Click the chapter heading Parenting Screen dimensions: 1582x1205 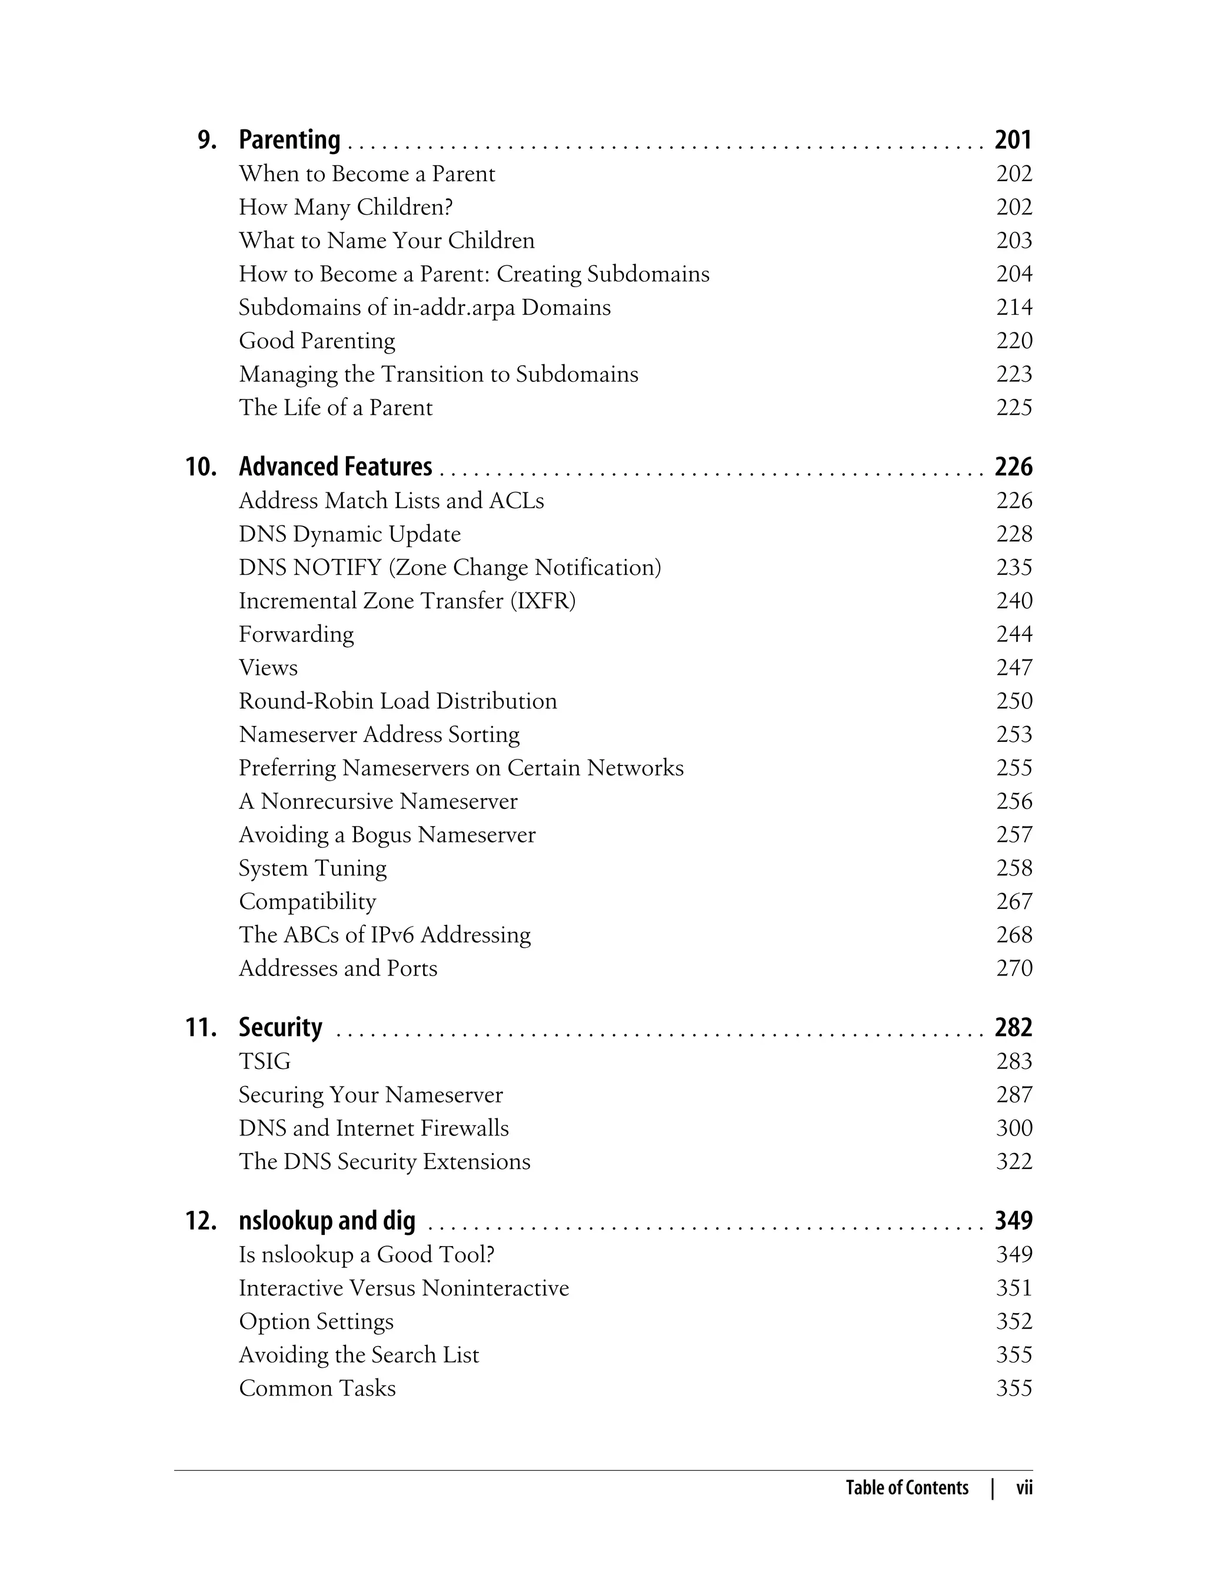tap(289, 140)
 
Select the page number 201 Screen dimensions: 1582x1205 tap(1013, 140)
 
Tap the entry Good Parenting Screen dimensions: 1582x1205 tap(317, 341)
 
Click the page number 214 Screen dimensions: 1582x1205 tap(1014, 307)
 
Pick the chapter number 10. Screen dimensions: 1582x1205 tap(201, 467)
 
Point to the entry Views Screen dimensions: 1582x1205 tap(268, 668)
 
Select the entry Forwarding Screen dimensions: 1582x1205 tap(295, 634)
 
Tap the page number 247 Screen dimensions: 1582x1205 tap(1014, 668)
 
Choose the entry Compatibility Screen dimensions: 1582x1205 tap(307, 901)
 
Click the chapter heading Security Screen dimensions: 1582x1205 tap(281, 1028)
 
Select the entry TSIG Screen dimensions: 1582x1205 tap(265, 1061)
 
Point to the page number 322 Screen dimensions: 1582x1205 tap(1014, 1161)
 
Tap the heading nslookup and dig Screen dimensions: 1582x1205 tap(327, 1221)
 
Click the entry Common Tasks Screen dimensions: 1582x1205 tap(317, 1388)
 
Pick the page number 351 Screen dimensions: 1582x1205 tap(1014, 1287)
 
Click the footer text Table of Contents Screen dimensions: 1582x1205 tap(907, 1488)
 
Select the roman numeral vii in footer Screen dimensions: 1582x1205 tap(1024, 1488)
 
